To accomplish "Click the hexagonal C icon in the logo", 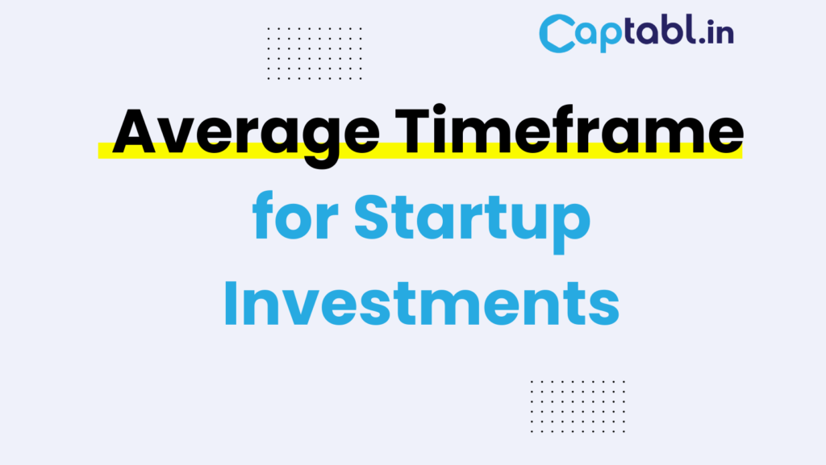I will [x=556, y=35].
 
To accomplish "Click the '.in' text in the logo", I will [x=715, y=33].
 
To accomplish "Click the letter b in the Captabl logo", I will [x=674, y=32].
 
